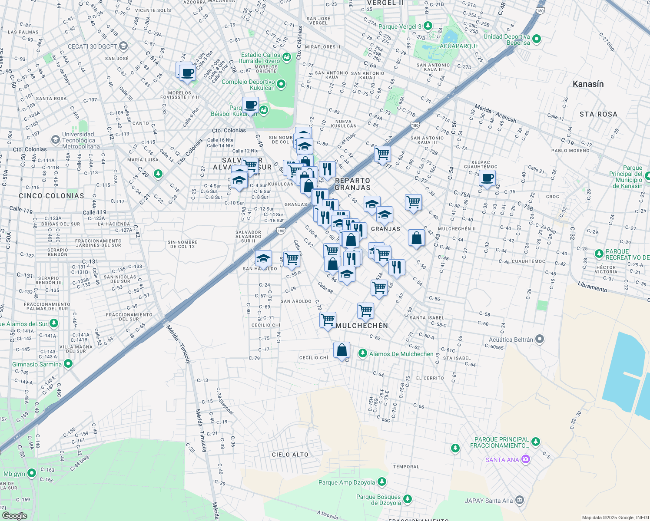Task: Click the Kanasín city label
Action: click(588, 84)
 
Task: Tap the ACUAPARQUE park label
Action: click(459, 46)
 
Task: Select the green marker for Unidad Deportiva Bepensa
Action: click(537, 39)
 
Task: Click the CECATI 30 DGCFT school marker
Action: click(123, 46)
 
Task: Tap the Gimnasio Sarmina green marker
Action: click(68, 364)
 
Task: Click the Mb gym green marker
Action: click(32, 473)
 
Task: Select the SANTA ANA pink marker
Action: click(525, 459)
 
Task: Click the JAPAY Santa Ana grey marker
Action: click(520, 500)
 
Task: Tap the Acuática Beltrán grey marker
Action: click(540, 339)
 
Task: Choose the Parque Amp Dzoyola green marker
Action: click(382, 481)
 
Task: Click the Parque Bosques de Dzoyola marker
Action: click(408, 499)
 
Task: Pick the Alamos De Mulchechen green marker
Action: click(363, 353)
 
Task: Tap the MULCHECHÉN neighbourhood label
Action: click(361, 326)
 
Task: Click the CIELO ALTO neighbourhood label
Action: click(290, 455)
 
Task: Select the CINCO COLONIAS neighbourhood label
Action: click(52, 196)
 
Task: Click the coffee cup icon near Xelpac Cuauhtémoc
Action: click(487, 178)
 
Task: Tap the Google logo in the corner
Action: click(14, 515)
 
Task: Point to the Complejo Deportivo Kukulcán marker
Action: click(281, 84)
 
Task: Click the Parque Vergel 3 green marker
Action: click(428, 26)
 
